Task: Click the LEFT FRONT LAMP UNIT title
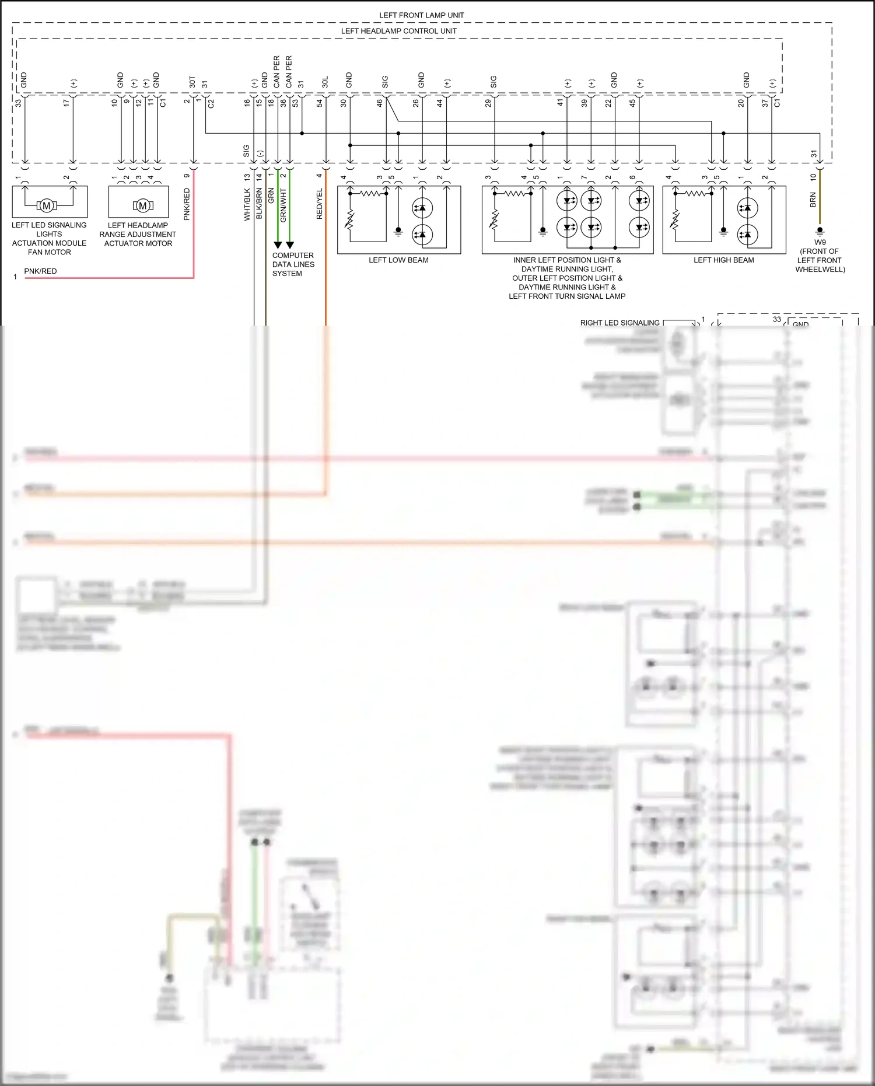[x=421, y=15]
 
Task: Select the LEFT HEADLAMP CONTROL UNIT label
[x=398, y=31]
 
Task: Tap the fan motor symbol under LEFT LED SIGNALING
[x=47, y=205]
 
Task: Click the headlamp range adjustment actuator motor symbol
[x=142, y=205]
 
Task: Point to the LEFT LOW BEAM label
[x=398, y=260]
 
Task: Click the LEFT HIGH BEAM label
[x=723, y=260]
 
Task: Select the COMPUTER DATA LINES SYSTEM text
[x=293, y=264]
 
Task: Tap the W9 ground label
[x=820, y=242]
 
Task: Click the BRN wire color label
[x=813, y=200]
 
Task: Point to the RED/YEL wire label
[x=319, y=204]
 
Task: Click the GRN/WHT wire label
[x=283, y=205]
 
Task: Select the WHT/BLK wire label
[x=247, y=205]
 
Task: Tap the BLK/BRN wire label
[x=259, y=205]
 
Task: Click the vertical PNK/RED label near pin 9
[x=187, y=204]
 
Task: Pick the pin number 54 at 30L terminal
[x=319, y=103]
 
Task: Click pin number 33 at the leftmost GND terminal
[x=18, y=103]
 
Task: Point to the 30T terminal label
[x=192, y=82]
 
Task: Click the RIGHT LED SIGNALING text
[x=619, y=323]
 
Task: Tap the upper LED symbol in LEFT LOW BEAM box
[x=422, y=208]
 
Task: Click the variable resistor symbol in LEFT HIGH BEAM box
[x=675, y=220]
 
